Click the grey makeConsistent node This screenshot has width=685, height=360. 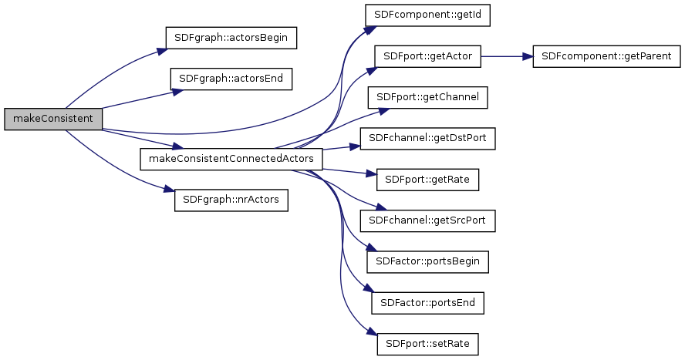coord(53,119)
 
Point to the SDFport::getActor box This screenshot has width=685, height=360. coord(428,56)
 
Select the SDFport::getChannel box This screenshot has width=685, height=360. coord(428,97)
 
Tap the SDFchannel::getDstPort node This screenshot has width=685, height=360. coord(428,139)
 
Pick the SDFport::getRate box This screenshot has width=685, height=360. coord(428,180)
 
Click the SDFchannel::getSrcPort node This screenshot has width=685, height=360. coord(428,220)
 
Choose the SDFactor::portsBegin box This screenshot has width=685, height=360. coord(428,261)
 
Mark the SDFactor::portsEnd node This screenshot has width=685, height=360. coord(428,303)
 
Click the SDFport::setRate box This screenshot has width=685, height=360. coord(428,344)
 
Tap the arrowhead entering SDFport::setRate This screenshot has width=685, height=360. coord(372,336)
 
